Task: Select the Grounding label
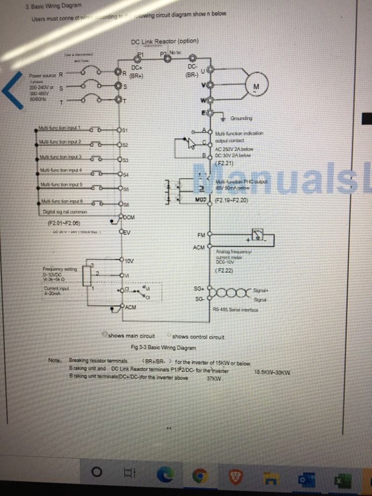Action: click(241, 118)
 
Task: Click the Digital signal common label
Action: click(65, 212)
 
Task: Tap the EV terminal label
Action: click(126, 233)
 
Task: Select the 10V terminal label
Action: click(130, 260)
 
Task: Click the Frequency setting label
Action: click(60, 269)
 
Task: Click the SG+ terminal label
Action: click(198, 288)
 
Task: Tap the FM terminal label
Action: click(201, 235)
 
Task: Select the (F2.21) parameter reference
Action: click(224, 163)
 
